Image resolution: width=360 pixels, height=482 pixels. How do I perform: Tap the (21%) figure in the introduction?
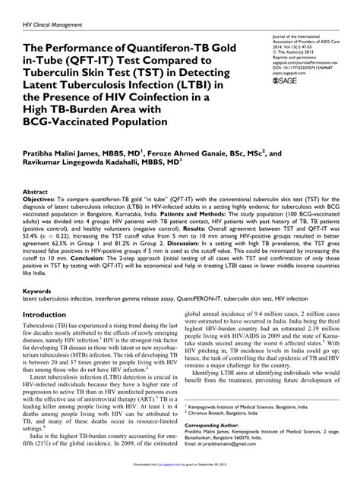tap(43, 459)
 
